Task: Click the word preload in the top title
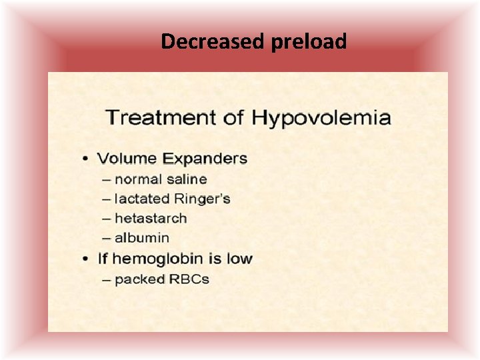click(x=309, y=42)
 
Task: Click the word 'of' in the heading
click(x=234, y=118)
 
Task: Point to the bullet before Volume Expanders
click(x=85, y=159)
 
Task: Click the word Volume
click(x=126, y=159)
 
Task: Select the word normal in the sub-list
click(x=137, y=179)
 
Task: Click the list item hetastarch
click(x=151, y=218)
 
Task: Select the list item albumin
click(x=142, y=237)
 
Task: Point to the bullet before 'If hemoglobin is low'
click(x=85, y=259)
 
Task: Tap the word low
click(x=239, y=259)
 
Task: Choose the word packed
click(x=137, y=279)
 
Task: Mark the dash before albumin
click(x=107, y=238)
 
